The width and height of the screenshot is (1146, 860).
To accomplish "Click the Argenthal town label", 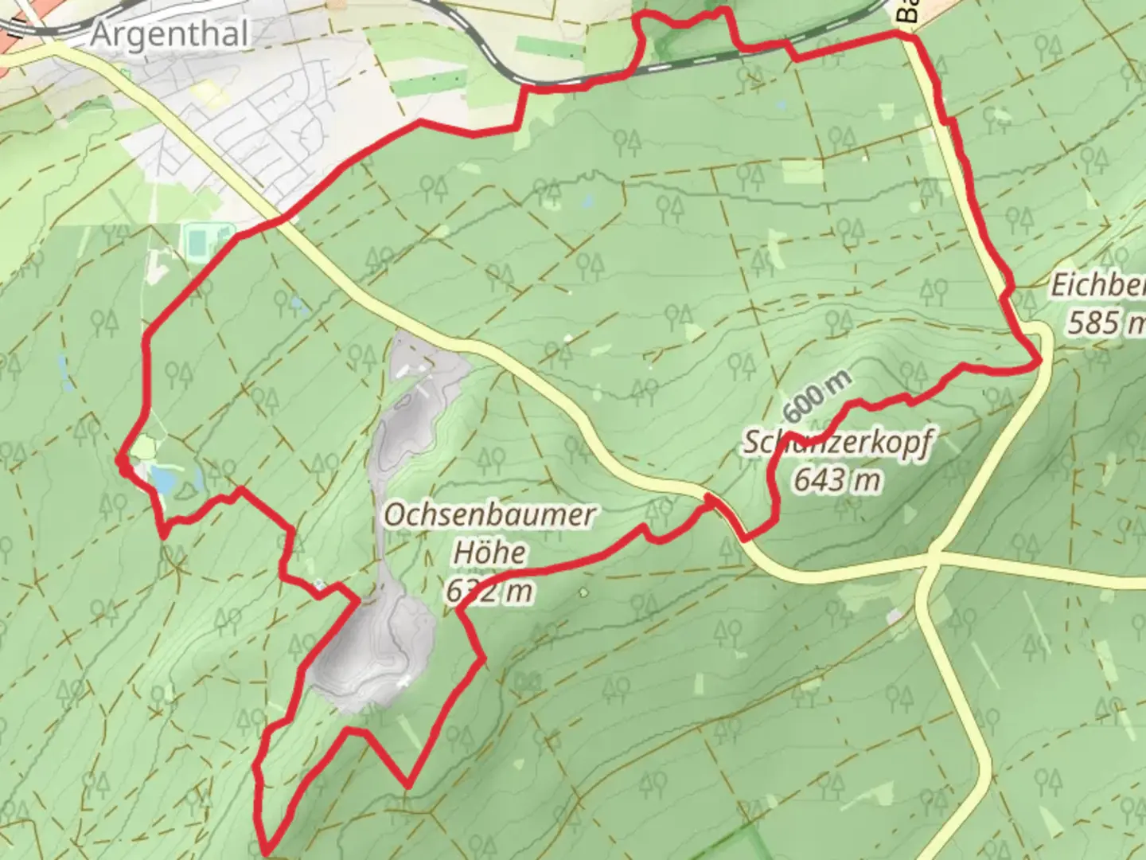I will (170, 34).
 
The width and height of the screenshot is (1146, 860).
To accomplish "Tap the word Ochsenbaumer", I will (489, 515).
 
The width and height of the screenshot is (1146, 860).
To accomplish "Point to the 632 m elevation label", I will (489, 591).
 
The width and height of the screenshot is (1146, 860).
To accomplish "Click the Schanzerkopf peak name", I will (836, 442).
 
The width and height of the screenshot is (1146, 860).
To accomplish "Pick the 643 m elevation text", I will (836, 479).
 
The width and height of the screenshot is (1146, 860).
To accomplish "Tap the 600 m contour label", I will (817, 397).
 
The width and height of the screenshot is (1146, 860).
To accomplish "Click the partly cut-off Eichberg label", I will (1098, 285).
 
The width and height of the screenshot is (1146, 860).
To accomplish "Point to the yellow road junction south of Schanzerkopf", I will (935, 553).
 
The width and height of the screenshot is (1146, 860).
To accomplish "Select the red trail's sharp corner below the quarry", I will (407, 785).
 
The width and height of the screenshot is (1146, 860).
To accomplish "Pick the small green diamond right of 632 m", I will (585, 592).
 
